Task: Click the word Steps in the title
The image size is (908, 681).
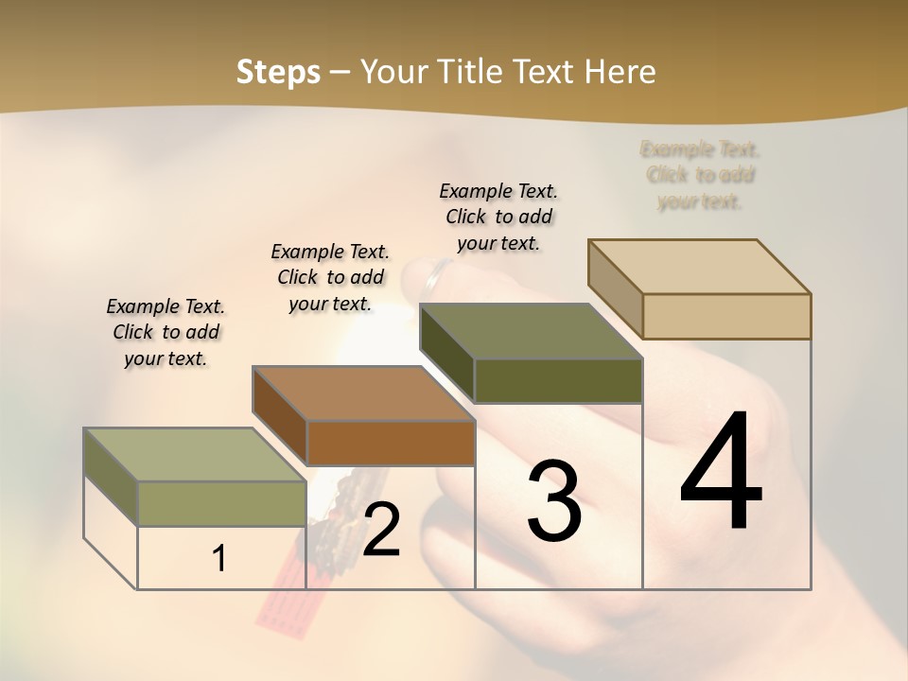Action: click(x=278, y=72)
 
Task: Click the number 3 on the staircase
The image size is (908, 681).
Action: click(x=554, y=500)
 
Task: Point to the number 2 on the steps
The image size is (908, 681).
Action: click(x=381, y=530)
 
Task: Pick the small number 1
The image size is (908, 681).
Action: click(x=219, y=559)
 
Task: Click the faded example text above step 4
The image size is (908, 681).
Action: click(x=700, y=175)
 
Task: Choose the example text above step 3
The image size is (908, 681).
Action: click(x=498, y=217)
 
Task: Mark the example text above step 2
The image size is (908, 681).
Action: click(x=330, y=277)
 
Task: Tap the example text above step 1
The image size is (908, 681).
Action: click(x=166, y=332)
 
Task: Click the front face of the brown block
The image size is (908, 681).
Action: click(x=391, y=443)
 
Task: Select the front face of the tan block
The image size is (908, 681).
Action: click(x=726, y=316)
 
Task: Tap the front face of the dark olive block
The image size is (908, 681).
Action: click(x=558, y=380)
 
